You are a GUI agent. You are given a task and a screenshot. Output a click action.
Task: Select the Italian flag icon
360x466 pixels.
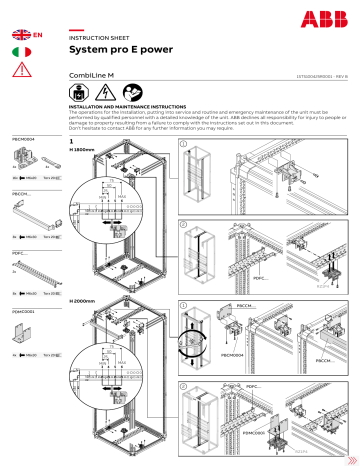pyautogui.click(x=20, y=50)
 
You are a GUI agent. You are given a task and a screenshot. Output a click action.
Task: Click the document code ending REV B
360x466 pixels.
pyautogui.click(x=317, y=74)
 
